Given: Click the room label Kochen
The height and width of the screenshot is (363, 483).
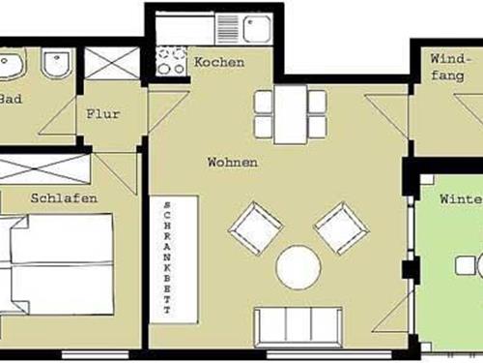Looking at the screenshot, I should [219, 63].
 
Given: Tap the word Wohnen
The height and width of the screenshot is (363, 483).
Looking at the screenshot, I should [233, 163].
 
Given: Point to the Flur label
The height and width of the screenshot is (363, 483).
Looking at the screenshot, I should [103, 113].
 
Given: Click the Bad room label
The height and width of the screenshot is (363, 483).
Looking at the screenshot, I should [11, 98].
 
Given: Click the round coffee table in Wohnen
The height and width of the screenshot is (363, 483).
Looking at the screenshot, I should [298, 267].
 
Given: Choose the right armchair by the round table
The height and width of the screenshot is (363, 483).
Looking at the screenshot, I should [342, 227].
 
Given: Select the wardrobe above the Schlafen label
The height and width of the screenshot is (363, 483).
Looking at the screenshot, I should [45, 169].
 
